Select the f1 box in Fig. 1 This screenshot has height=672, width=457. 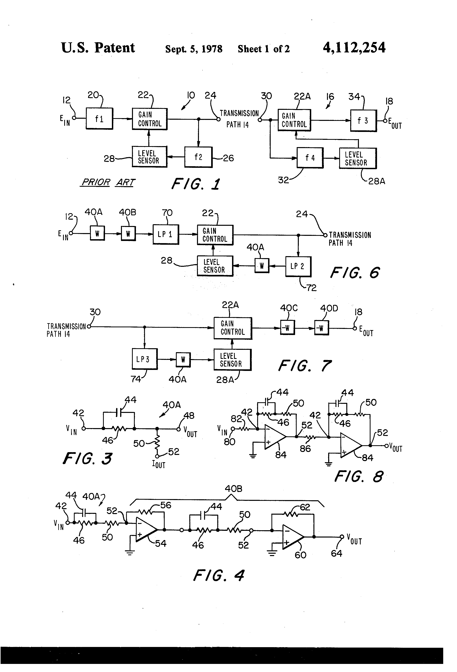pyautogui.click(x=99, y=119)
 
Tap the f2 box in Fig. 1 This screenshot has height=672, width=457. pyautogui.click(x=198, y=157)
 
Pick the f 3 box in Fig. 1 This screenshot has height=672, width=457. pyautogui.click(x=363, y=121)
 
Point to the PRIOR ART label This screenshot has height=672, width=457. pyautogui.click(x=108, y=182)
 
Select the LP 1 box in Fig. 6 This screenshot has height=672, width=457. pyautogui.click(x=165, y=234)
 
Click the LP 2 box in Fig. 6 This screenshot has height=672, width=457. pyautogui.click(x=298, y=266)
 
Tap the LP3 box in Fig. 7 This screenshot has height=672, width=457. pyautogui.click(x=144, y=359)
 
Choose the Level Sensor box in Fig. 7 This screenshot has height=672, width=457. pyautogui.click(x=232, y=360)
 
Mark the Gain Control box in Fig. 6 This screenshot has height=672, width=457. pyautogui.click(x=215, y=235)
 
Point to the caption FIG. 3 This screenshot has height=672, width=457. pyautogui.click(x=87, y=459)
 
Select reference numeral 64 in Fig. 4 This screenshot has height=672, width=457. pyautogui.click(x=336, y=553)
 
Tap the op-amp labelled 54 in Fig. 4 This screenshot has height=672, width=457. pyautogui.click(x=146, y=530)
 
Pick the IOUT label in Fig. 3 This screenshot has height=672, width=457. pyautogui.click(x=159, y=464)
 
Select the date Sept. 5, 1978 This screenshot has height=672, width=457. pyautogui.click(x=194, y=49)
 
